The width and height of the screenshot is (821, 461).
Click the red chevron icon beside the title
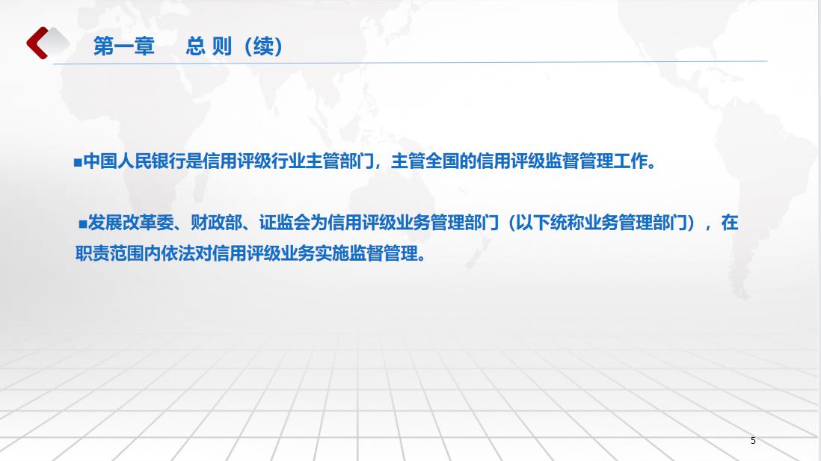(37, 43)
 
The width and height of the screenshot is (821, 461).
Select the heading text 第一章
(124, 46)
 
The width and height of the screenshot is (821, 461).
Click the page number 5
(753, 441)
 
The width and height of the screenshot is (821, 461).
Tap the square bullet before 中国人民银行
(78, 163)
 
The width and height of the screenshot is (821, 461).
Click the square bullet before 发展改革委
(83, 224)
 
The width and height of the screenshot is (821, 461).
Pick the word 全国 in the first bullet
(442, 161)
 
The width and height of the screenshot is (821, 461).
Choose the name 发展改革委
(130, 223)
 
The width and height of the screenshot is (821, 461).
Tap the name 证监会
(285, 223)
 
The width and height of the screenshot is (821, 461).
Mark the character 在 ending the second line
(730, 223)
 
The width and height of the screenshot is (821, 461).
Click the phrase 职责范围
(109, 253)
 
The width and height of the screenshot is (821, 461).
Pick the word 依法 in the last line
(178, 253)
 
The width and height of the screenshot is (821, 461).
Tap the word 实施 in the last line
(332, 253)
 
